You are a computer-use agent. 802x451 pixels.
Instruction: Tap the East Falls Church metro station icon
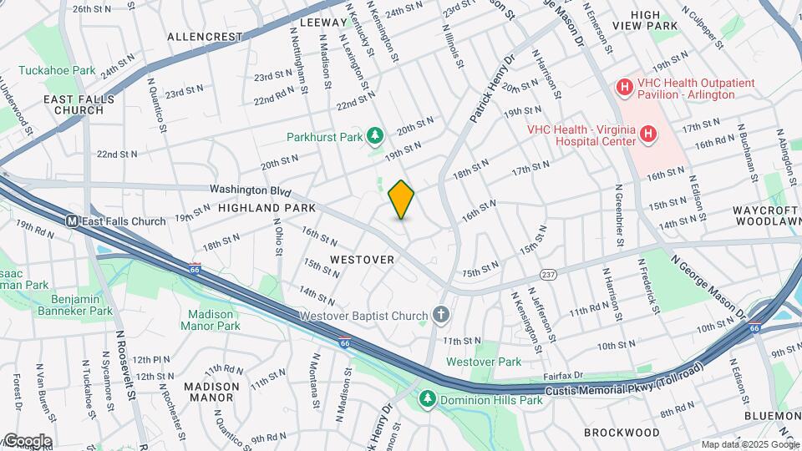[x=73, y=221]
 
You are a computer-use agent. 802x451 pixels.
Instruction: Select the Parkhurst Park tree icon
[x=376, y=135]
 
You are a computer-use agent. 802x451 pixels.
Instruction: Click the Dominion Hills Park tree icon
[x=428, y=400]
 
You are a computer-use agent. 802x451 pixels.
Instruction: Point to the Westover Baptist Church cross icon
[x=441, y=316]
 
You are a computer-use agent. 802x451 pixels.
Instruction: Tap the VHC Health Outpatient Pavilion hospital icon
[x=623, y=87]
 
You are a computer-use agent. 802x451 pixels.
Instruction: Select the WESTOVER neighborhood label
[x=361, y=260]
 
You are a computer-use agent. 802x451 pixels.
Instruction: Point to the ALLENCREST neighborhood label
[x=204, y=38]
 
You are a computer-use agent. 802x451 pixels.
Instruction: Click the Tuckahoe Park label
[x=57, y=71]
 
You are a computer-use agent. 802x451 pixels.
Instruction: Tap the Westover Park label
[x=483, y=362]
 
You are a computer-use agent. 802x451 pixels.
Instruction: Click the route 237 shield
[x=548, y=274]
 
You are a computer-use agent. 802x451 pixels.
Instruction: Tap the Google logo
[x=27, y=440]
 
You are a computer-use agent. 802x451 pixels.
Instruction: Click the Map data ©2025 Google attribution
[x=749, y=444]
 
